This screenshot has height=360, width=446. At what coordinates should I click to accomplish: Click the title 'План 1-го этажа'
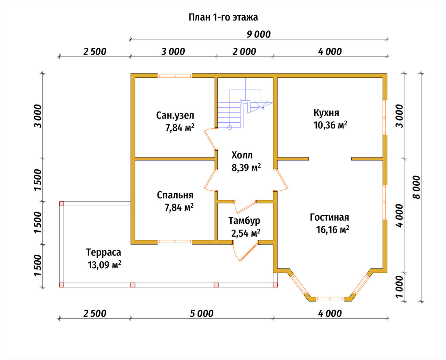223,17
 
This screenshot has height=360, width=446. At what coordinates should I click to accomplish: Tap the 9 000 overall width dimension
259,35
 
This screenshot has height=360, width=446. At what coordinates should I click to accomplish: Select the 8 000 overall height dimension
417,187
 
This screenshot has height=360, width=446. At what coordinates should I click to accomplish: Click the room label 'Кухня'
326,113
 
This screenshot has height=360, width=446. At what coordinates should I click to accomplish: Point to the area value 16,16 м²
332,230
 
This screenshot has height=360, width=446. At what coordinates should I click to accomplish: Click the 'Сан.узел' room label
175,116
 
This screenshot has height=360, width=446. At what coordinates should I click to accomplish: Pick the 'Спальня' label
175,196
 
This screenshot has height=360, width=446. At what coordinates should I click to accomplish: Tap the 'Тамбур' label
244,221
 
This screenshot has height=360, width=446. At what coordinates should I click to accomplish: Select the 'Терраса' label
103,252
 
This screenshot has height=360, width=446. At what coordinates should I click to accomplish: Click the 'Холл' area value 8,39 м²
246,168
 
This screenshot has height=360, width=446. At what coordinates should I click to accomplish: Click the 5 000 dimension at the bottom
202,314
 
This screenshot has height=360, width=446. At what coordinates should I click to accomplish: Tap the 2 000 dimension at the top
244,52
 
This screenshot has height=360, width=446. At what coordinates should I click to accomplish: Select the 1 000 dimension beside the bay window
399,286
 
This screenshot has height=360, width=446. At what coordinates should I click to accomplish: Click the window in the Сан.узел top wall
175,76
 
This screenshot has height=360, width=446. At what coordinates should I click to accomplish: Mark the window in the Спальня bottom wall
175,242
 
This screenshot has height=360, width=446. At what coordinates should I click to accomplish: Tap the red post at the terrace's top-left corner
62,204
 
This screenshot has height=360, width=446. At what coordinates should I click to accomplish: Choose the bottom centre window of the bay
330,299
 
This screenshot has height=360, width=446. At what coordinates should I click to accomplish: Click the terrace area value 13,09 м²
104,265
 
